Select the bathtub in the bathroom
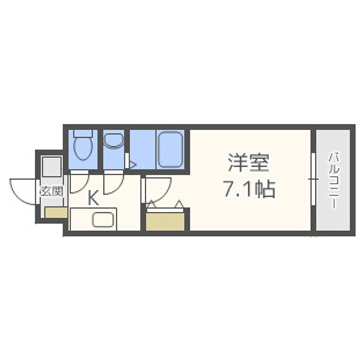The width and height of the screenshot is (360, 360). tap(170, 149)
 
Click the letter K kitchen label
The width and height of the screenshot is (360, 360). tap(93, 197)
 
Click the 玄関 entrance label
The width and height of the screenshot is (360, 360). tap(51, 191)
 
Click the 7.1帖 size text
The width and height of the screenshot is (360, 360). tap(248, 189)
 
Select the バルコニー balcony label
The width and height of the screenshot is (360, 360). tap(332, 179)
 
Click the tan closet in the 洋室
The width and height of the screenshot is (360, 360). tap(165, 220)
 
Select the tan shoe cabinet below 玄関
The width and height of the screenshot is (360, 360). tap(55, 212)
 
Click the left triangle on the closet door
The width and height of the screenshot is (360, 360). tap(151, 204)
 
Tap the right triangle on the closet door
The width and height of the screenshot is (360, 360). tap(178, 204)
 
